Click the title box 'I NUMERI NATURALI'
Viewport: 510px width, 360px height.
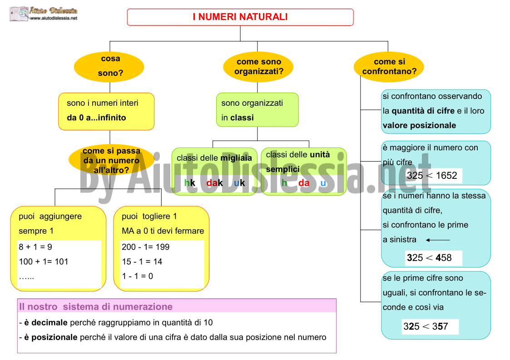(240, 17)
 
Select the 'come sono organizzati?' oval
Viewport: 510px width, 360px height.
(258, 67)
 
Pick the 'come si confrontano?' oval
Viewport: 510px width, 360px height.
(389, 67)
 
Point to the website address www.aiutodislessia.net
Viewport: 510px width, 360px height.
(54, 18)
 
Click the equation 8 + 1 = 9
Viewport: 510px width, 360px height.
(35, 247)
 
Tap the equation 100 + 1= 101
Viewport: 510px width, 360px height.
(44, 261)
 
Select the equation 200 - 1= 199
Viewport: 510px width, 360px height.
(146, 247)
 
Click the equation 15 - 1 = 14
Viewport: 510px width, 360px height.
(142, 261)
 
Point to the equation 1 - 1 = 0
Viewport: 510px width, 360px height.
(137, 276)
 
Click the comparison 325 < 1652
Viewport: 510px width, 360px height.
(432, 176)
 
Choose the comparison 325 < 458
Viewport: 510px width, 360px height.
(429, 258)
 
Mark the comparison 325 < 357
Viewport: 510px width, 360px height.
(426, 326)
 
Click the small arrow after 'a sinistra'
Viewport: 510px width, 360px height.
(438, 240)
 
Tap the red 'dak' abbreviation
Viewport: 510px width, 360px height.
(215, 183)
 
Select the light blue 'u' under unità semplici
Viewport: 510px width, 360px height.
(323, 183)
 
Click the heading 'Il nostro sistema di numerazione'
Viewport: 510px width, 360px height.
(96, 307)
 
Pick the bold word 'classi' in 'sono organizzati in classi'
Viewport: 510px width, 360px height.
(242, 118)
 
